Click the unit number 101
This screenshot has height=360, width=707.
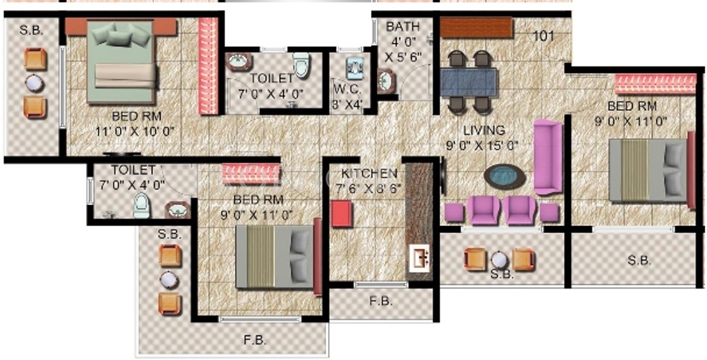pos(543,36)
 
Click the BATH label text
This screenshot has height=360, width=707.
pos(403,27)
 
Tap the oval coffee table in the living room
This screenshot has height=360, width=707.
pos(505,176)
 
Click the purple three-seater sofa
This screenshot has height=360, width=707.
pos(548,157)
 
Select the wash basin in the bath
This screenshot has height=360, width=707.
pos(385,81)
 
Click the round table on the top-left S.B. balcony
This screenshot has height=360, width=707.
pos(34,83)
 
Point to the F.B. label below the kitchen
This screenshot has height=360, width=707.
pos(381,301)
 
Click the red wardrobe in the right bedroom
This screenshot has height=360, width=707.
pos(655,84)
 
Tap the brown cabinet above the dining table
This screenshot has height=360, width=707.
pos(476,28)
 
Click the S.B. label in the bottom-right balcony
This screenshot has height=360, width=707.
pos(639,261)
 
